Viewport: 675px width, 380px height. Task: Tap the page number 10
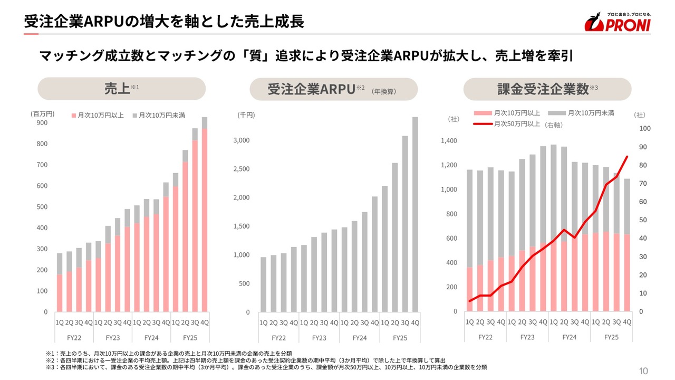643,371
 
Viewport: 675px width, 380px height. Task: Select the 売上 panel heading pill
121,89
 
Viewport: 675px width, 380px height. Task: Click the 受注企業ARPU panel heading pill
333,89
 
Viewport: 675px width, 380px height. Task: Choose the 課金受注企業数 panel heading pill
547,89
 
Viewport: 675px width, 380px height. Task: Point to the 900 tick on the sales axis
42,123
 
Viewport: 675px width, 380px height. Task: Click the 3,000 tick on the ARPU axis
241,140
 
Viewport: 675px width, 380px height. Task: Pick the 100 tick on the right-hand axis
644,129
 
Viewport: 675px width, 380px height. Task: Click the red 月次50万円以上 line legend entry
506,124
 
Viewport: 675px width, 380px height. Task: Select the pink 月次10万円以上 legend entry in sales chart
98,115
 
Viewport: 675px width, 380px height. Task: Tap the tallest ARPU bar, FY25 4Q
415,214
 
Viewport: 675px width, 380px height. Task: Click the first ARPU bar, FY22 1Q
264,284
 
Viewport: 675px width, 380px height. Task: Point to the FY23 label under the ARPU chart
319,338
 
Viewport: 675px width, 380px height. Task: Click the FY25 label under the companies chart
611,337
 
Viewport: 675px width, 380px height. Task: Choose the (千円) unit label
246,115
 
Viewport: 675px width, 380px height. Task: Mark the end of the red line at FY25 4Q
627,156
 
